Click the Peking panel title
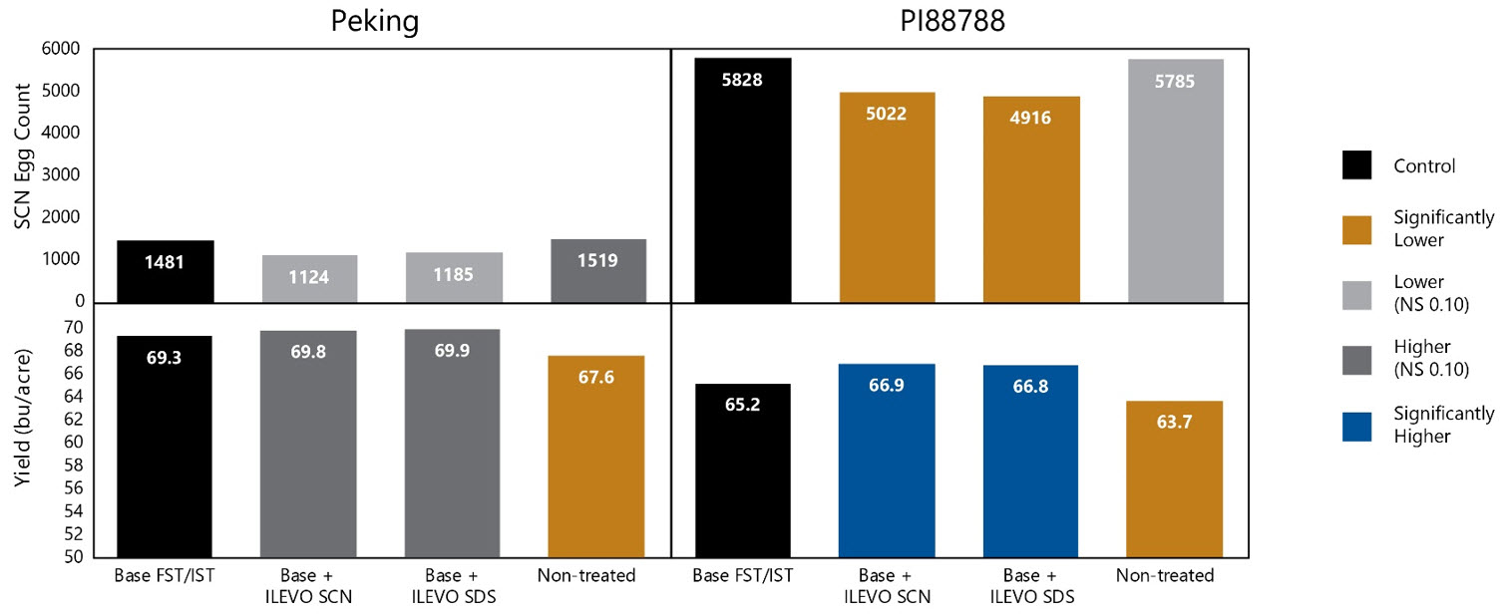(374, 22)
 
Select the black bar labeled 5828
(743, 179)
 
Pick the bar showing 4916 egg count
(1030, 198)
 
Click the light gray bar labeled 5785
(1175, 179)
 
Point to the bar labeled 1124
(308, 278)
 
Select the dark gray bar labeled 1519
(597, 270)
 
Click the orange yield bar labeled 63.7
(1175, 478)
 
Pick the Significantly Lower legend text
(1443, 228)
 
